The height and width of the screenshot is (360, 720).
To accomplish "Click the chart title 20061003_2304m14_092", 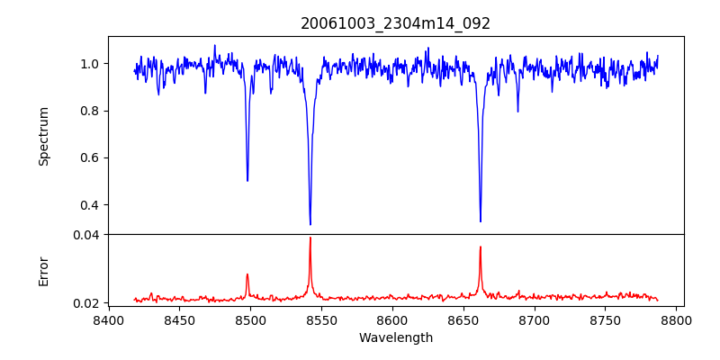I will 395,23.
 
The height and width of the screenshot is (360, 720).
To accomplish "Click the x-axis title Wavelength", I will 395,338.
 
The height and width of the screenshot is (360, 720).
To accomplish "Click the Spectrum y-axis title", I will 43,136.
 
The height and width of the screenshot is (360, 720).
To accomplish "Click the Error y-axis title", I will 43,271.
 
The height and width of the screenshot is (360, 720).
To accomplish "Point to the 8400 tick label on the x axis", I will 109,319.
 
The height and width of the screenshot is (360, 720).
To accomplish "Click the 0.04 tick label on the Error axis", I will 86,235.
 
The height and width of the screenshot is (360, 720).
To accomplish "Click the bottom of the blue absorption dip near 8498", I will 247,181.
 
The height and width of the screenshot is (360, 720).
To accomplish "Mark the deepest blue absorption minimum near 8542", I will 310,224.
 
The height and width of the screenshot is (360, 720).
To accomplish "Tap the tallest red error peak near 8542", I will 310,238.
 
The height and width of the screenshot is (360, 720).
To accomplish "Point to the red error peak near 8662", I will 481,247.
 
